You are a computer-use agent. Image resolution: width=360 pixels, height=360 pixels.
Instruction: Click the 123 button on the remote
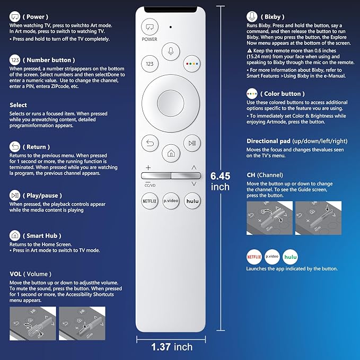pyautogui.click(x=150, y=64)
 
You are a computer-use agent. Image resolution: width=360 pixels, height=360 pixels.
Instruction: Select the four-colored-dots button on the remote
pyautogui.click(x=192, y=64)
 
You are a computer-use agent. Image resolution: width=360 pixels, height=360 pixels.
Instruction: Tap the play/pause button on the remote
pyautogui.click(x=191, y=143)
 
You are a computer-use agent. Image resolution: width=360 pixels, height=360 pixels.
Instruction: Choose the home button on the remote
pyautogui.click(x=171, y=153)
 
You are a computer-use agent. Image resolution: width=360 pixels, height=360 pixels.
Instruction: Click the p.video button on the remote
pyautogui.click(x=171, y=200)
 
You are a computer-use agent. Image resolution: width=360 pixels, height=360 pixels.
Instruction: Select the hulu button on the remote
pyautogui.click(x=192, y=200)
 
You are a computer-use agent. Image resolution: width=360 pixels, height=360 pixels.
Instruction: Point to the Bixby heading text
pyautogui.click(x=271, y=16)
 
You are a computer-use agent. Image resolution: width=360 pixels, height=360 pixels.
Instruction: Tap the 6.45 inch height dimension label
pyautogui.click(x=220, y=181)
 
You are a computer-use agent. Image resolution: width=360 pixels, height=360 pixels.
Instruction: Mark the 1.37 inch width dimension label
pyautogui.click(x=171, y=347)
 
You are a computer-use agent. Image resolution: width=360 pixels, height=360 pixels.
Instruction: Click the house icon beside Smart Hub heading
pyautogui.click(x=15, y=235)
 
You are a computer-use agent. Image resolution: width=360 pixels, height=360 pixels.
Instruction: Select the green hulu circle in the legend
pyautogui.click(x=291, y=256)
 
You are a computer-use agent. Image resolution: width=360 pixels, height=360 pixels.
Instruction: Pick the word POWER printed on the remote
pyautogui.click(x=150, y=39)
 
